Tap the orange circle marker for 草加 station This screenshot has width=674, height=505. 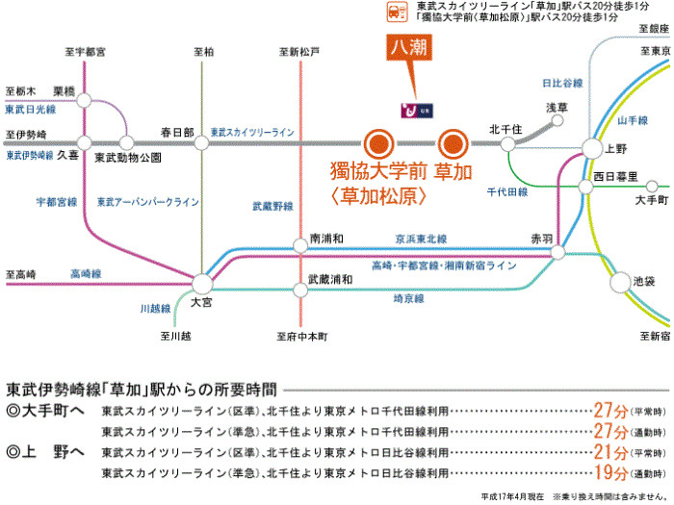click(452, 143)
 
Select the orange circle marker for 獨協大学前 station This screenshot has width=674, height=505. click(378, 143)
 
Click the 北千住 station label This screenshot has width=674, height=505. click(505, 128)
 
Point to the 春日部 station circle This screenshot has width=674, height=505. click(201, 142)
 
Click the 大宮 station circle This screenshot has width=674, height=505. click(202, 284)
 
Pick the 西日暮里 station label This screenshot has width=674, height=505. click(615, 176)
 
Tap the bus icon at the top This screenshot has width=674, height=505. click(394, 13)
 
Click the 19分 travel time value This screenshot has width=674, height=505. click(608, 472)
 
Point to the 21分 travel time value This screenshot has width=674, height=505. click(608, 452)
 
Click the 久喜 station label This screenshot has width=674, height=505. click(67, 153)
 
